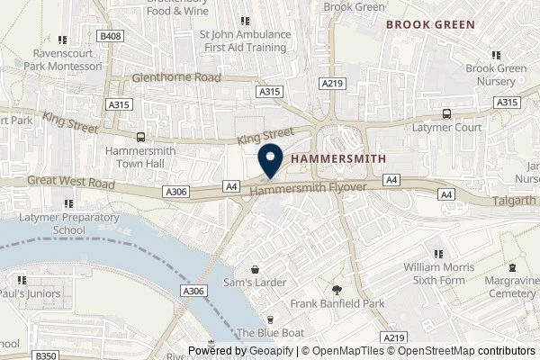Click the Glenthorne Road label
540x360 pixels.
(x=175, y=78)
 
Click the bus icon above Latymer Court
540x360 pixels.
(x=447, y=114)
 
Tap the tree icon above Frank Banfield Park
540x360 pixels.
(x=337, y=290)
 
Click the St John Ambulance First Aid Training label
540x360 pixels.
(x=245, y=40)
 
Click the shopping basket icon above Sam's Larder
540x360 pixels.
(x=255, y=268)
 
